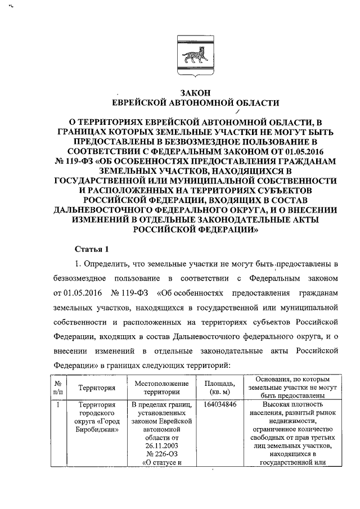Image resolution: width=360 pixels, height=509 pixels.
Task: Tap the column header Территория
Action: (97, 388)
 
